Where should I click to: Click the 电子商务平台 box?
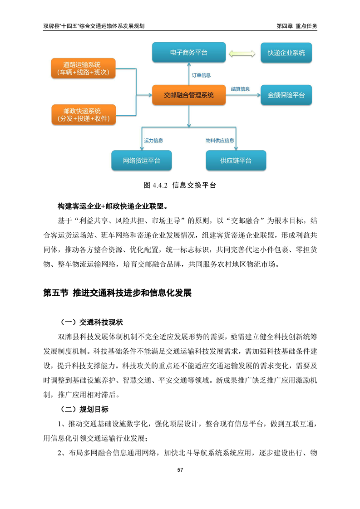[x=188, y=53]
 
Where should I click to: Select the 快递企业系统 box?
[x=286, y=53]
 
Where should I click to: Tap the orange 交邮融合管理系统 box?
[x=188, y=95]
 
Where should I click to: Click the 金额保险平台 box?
[x=286, y=95]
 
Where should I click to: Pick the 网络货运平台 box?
[x=142, y=161]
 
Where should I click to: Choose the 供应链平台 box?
[x=236, y=161]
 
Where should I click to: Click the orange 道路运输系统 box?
[x=83, y=68]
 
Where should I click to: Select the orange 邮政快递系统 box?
[x=83, y=115]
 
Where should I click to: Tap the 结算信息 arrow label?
[x=240, y=89]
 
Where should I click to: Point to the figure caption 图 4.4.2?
[x=180, y=185]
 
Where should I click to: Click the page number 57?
[x=180, y=470]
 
